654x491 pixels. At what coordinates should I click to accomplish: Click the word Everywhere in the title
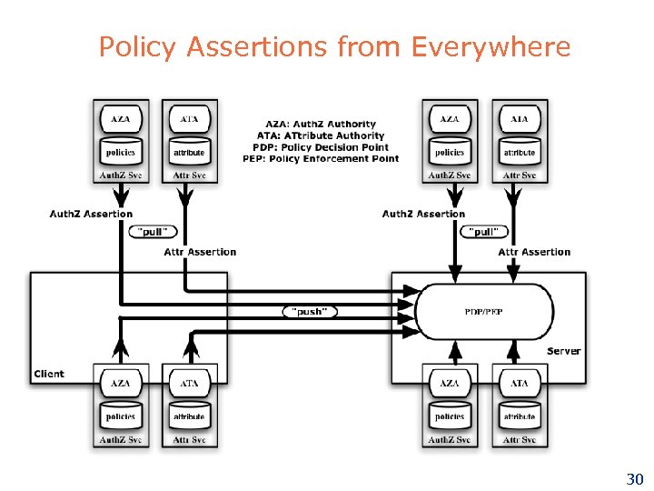coord(490,46)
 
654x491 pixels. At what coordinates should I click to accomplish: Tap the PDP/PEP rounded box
coord(484,312)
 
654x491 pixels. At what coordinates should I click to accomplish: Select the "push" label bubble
coord(310,312)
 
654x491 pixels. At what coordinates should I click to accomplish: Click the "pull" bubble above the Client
coord(154,231)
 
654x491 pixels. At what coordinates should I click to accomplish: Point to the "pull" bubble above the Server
coord(484,231)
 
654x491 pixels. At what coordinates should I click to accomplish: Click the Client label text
coord(49,374)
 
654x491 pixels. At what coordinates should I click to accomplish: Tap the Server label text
coord(563,351)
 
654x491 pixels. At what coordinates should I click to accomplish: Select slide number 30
coord(635,478)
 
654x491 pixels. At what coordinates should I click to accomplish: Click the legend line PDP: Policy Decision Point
coord(321,147)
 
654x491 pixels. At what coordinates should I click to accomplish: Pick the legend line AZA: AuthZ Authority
coord(321,124)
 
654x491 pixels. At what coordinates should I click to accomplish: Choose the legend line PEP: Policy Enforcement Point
coord(321,158)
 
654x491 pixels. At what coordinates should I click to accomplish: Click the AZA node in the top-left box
coord(121,119)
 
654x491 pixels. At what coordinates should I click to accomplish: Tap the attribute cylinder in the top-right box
coord(520,151)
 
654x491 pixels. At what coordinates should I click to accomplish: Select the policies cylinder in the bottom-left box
coord(121,416)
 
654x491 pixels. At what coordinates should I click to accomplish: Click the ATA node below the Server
coord(520,383)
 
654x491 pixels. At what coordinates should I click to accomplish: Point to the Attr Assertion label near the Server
coord(534,252)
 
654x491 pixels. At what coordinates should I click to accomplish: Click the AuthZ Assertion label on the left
coord(91,214)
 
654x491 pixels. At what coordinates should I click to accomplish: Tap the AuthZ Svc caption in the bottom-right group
coord(450,440)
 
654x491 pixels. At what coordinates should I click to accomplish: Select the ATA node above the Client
coord(189,119)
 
